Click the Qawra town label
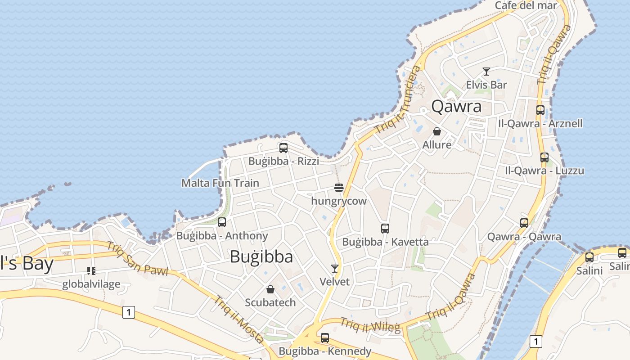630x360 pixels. (x=456, y=106)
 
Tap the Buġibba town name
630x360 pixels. (x=261, y=256)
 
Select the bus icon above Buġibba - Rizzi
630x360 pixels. (x=283, y=148)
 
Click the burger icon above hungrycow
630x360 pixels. (x=339, y=188)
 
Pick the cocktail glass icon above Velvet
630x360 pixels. (x=334, y=269)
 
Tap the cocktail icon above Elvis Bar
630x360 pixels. (x=486, y=72)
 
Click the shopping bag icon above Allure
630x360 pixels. (x=436, y=131)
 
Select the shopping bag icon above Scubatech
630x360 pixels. (x=270, y=289)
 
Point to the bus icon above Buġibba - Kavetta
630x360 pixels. (x=385, y=228)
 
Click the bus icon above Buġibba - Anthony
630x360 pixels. (x=222, y=222)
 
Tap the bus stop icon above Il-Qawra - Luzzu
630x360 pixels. (x=544, y=157)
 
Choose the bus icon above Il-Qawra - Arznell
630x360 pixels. (x=540, y=110)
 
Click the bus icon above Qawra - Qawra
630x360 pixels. (x=524, y=223)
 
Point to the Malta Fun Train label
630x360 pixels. (x=220, y=183)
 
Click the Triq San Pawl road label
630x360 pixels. (x=137, y=259)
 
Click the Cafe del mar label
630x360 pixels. (x=526, y=5)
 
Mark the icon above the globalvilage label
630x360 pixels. (x=91, y=271)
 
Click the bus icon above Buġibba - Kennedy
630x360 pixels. (x=325, y=337)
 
